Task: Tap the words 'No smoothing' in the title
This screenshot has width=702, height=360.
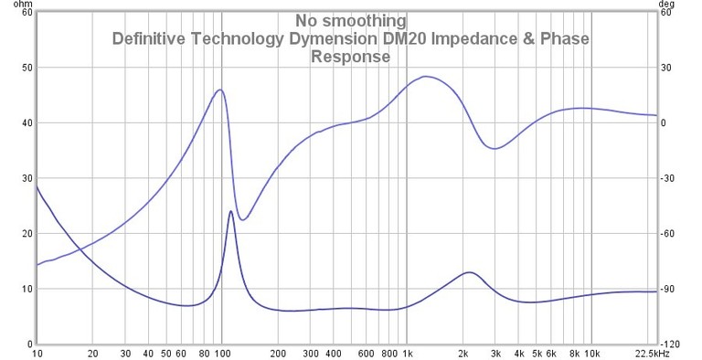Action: pyautogui.click(x=350, y=20)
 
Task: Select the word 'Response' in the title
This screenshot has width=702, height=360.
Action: pyautogui.click(x=350, y=57)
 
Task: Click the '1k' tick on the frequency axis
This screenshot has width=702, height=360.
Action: pyautogui.click(x=408, y=353)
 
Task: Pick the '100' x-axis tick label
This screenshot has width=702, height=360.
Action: pyautogui.click(x=222, y=353)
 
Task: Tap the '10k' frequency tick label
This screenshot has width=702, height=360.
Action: pyautogui.click(x=592, y=353)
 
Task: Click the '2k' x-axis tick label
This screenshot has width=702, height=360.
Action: pyautogui.click(x=463, y=353)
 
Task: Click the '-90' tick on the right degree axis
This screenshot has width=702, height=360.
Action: pyautogui.click(x=669, y=289)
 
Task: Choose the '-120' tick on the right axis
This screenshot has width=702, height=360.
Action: pyautogui.click(x=671, y=344)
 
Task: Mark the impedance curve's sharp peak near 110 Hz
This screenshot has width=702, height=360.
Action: pyautogui.click(x=230, y=211)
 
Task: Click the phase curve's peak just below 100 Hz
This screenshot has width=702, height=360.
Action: pyautogui.click(x=219, y=90)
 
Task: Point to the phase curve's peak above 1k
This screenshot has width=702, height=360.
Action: pyautogui.click(x=426, y=76)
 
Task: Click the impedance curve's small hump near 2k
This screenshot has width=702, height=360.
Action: pyautogui.click(x=469, y=272)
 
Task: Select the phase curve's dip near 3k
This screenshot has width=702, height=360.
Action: pyautogui.click(x=495, y=148)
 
